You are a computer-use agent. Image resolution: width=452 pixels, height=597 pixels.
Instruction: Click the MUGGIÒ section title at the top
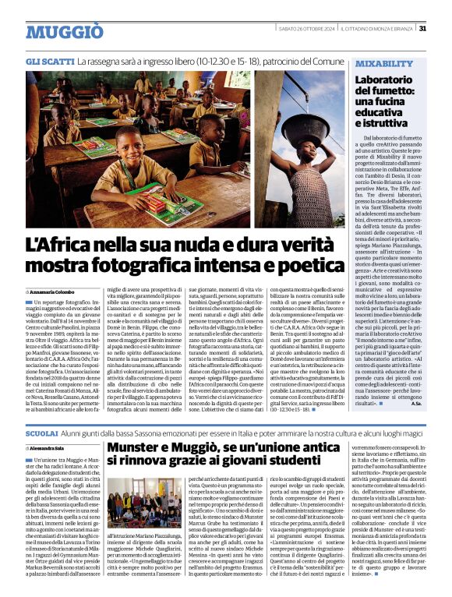[x=64, y=32]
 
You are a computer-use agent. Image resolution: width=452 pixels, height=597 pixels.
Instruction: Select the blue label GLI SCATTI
[x=50, y=60]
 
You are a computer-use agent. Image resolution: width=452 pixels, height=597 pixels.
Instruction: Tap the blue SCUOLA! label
[x=41, y=432]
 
